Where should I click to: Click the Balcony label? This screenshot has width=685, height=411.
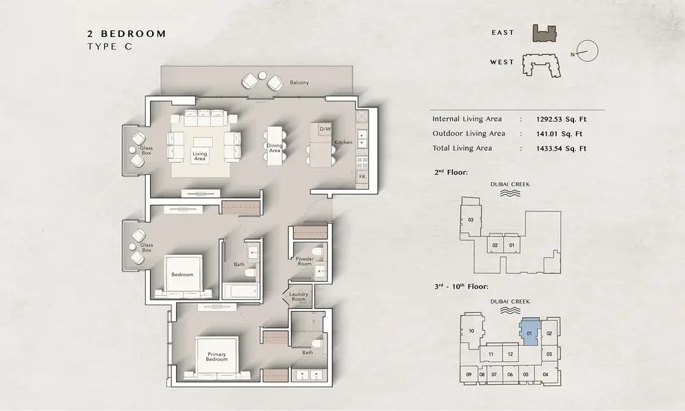click(x=299, y=83)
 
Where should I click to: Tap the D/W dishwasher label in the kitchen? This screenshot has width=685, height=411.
click(x=325, y=129)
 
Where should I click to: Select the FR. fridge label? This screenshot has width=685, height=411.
click(x=362, y=177)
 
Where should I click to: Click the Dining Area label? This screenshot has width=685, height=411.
click(x=275, y=148)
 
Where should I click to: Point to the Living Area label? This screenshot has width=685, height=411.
click(x=199, y=156)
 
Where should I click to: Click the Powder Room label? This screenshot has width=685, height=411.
click(x=305, y=261)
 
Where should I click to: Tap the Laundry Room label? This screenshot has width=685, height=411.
click(x=299, y=297)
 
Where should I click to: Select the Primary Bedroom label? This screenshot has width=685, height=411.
click(x=216, y=357)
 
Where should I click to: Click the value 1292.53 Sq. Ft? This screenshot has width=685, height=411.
click(x=561, y=119)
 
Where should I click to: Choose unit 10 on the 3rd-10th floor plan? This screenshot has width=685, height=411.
click(x=472, y=331)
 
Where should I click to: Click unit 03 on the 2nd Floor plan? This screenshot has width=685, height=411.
click(x=471, y=220)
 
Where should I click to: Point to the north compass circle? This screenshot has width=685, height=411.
click(x=588, y=51)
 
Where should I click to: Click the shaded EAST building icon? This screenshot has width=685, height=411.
click(x=545, y=34)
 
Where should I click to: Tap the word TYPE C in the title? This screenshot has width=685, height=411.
click(x=110, y=47)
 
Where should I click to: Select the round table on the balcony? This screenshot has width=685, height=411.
click(x=262, y=75)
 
